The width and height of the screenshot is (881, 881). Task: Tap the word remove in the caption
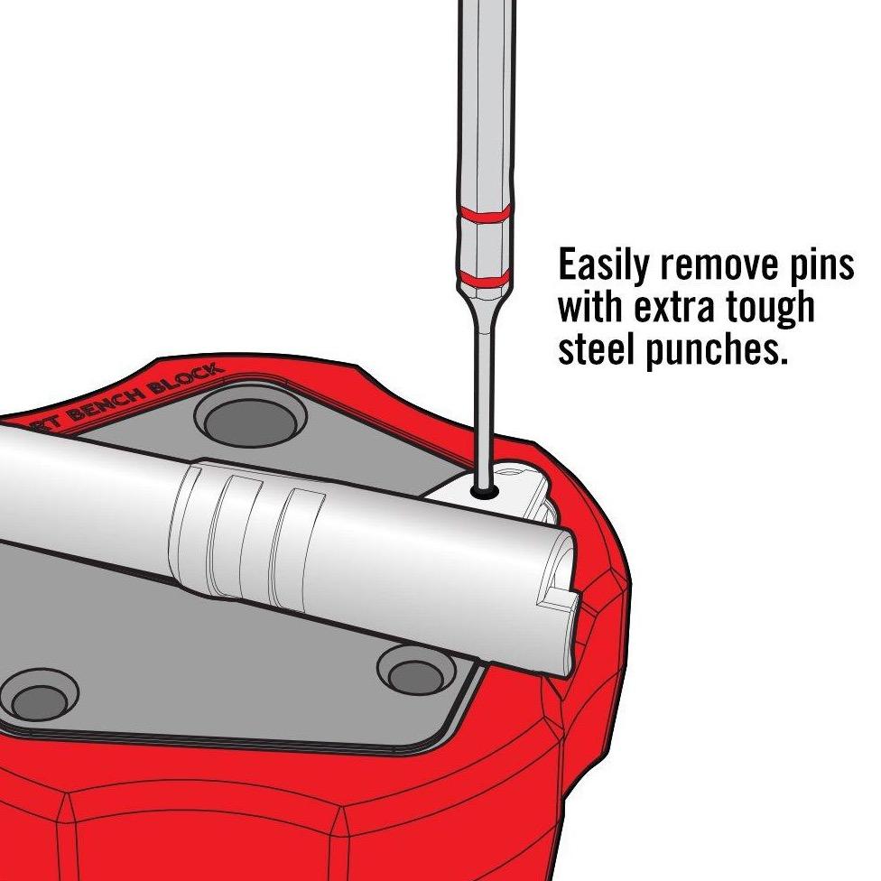click(711, 267)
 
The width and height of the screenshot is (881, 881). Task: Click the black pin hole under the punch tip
click(486, 493)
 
